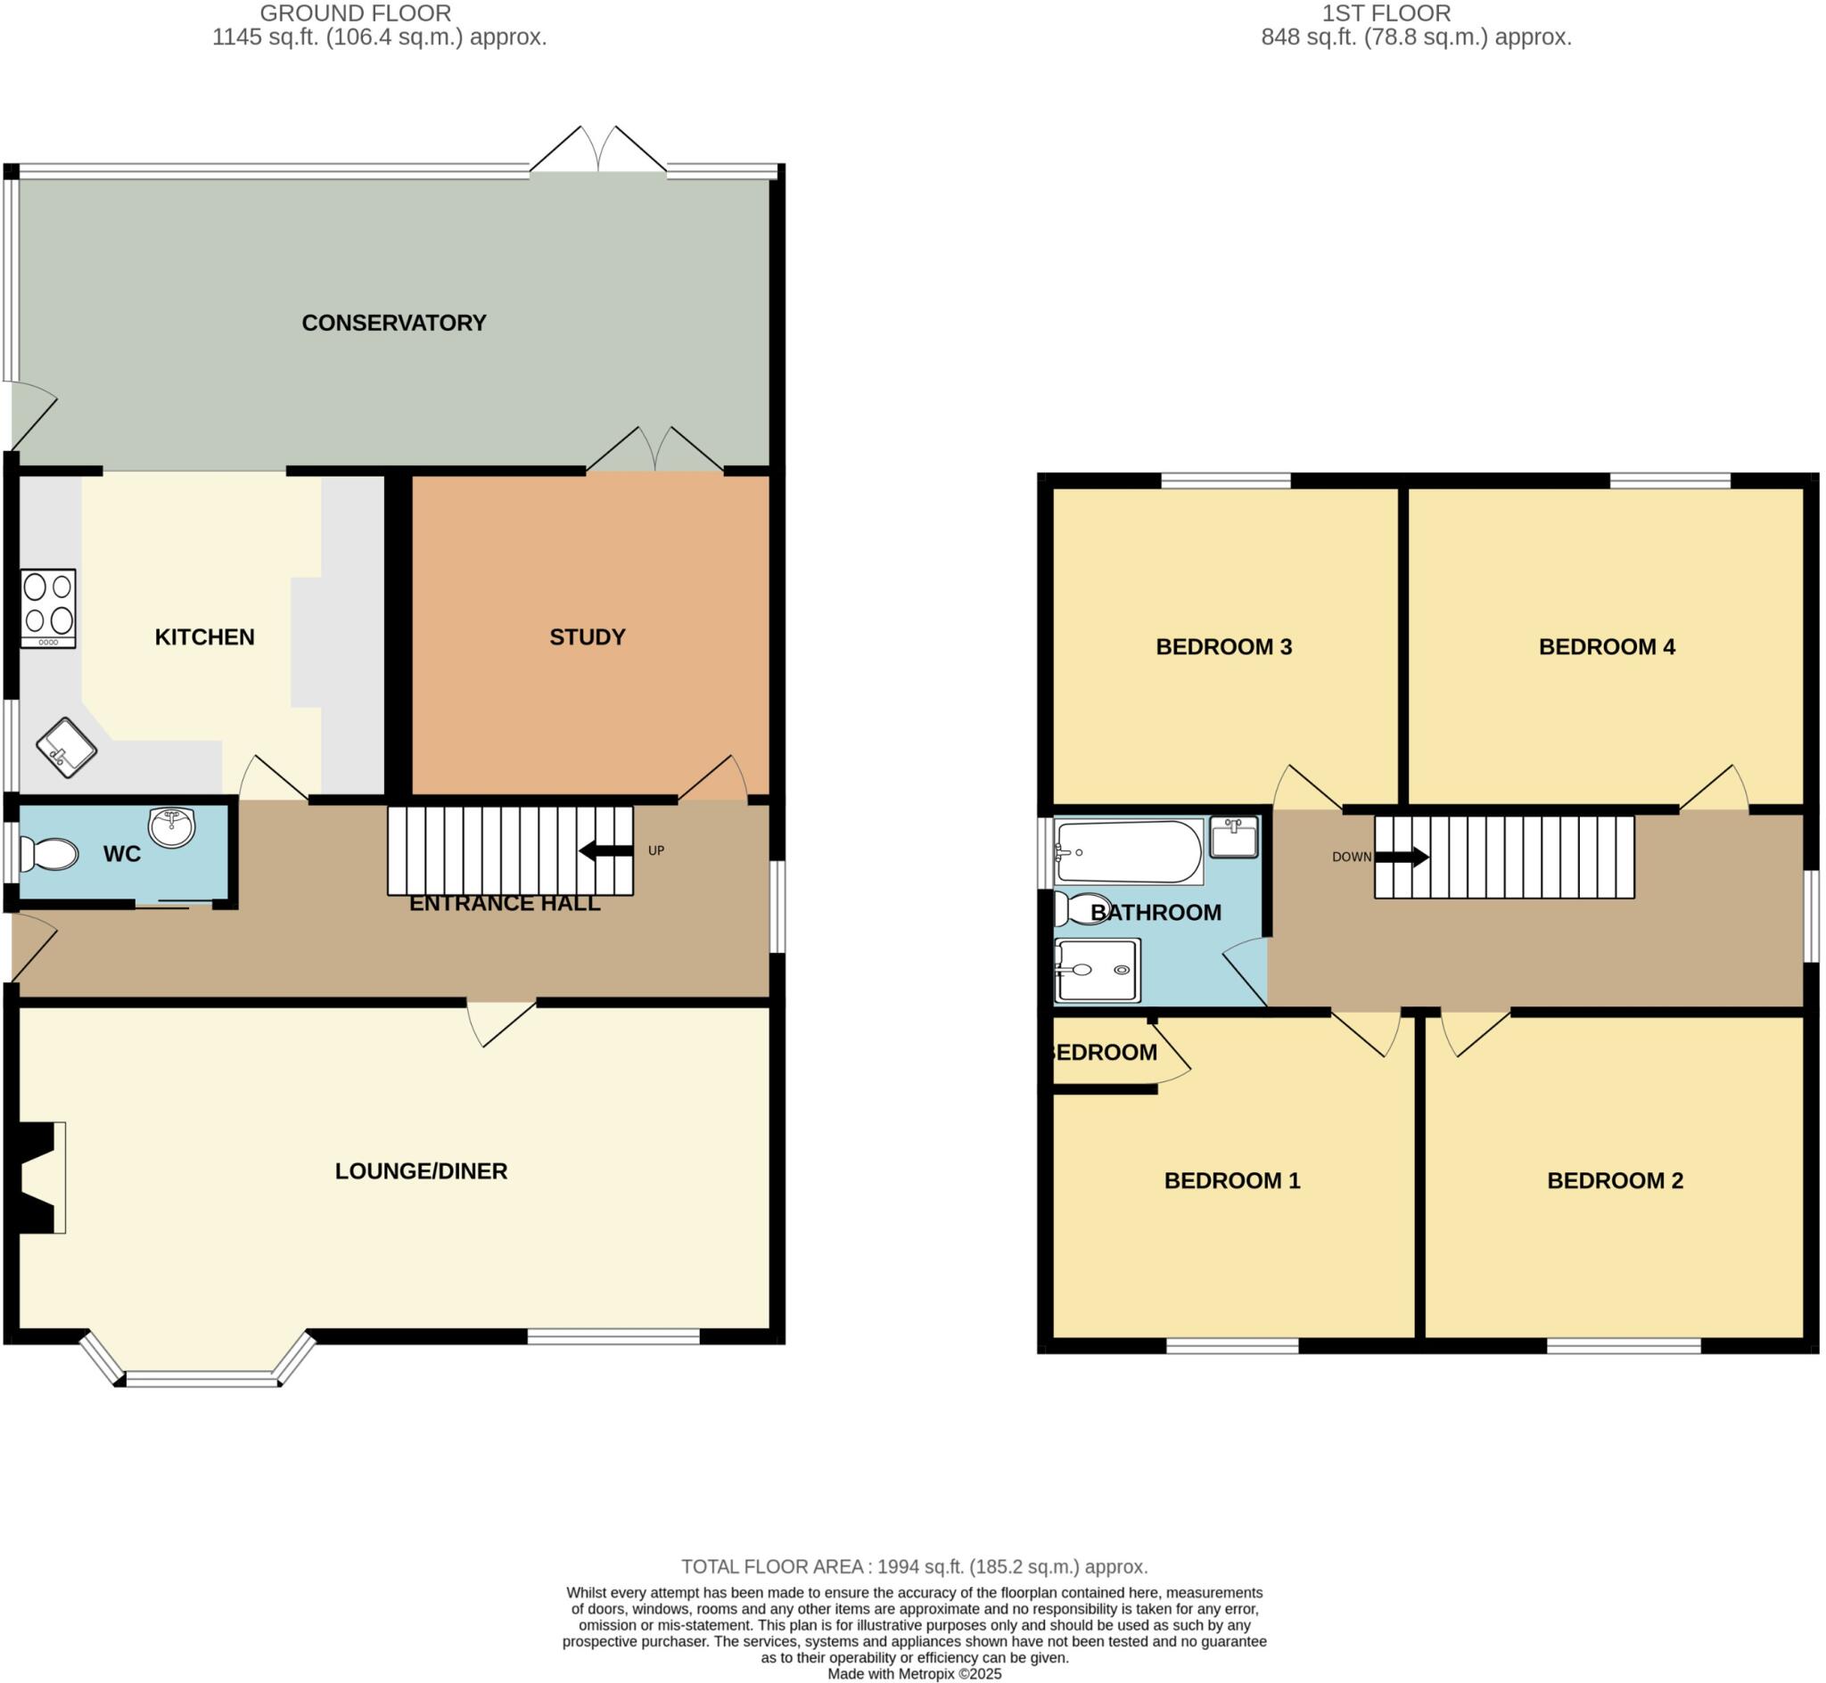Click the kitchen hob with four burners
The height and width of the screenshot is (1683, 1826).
pyautogui.click(x=48, y=607)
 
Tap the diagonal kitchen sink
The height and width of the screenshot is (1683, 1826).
pyautogui.click(x=67, y=748)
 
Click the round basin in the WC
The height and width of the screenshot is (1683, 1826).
pyautogui.click(x=172, y=827)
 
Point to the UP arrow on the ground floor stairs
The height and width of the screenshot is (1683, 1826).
pyautogui.click(x=605, y=851)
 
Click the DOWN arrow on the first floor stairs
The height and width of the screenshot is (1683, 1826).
pyautogui.click(x=1401, y=857)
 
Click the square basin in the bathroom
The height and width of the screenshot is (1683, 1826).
pyautogui.click(x=1233, y=837)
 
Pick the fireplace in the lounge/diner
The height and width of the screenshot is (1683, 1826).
pyautogui.click(x=38, y=1178)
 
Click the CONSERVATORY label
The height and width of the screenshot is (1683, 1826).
pyautogui.click(x=393, y=324)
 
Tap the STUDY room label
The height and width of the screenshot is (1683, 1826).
pyautogui.click(x=588, y=637)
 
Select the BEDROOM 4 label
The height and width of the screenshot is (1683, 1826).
pyautogui.click(x=1607, y=647)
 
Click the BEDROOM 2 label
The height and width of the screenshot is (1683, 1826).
pyautogui.click(x=1615, y=1181)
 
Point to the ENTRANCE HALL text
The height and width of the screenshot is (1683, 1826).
pyautogui.click(x=505, y=904)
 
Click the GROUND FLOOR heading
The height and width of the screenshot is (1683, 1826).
pyautogui.click(x=355, y=13)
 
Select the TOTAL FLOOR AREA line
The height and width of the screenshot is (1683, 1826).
pyautogui.click(x=914, y=1566)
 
